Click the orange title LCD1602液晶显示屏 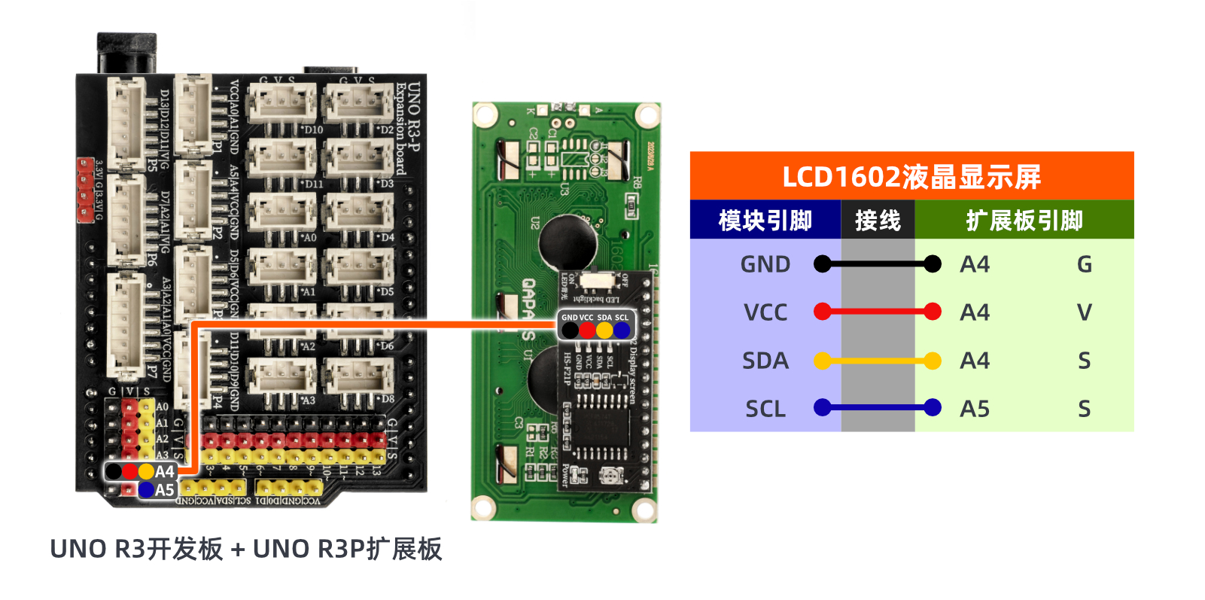click(x=911, y=177)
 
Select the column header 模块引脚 click(x=765, y=221)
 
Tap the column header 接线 click(x=878, y=221)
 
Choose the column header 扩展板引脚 click(x=1024, y=221)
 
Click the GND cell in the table click(x=765, y=264)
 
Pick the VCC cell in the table click(x=765, y=312)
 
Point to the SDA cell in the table click(x=765, y=361)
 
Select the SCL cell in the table click(x=765, y=409)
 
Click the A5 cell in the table click(x=975, y=409)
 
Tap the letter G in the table click(x=1084, y=264)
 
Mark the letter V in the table click(x=1084, y=312)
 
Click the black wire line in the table click(x=878, y=264)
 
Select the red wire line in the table click(x=878, y=312)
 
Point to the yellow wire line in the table click(x=878, y=361)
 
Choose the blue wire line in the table click(x=878, y=408)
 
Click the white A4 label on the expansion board click(x=165, y=472)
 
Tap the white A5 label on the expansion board click(x=165, y=490)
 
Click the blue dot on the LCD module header click(x=622, y=330)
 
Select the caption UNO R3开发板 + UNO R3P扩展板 click(x=246, y=549)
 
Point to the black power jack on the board click(x=126, y=53)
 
